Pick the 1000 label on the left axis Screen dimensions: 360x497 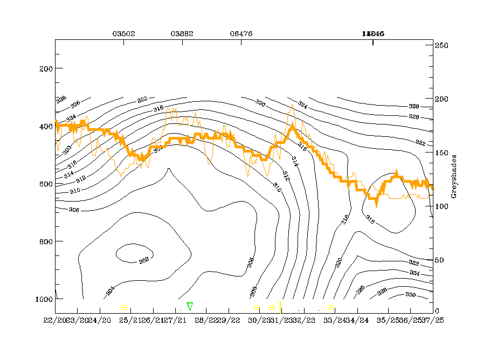43,299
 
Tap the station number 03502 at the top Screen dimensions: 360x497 123,33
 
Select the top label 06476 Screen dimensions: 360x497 240,33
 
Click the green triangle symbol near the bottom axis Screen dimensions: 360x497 190,306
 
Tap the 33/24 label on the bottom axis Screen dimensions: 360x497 332,320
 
